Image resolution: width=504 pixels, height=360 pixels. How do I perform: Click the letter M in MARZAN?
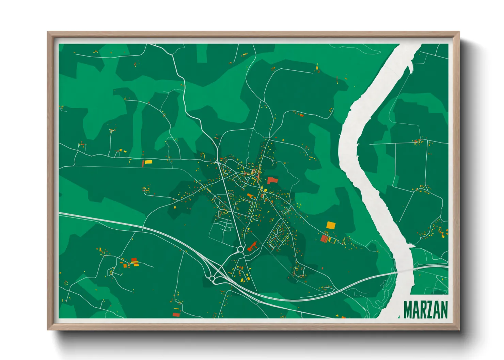point(408,310)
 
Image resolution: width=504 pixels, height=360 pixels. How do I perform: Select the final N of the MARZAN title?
point(444,310)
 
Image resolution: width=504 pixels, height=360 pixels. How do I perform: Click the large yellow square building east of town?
point(331,225)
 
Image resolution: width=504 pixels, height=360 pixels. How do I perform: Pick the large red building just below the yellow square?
point(324,239)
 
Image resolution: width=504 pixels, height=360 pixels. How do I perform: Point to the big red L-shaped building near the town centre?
point(272,180)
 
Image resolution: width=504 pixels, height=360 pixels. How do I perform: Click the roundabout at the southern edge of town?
point(241,249)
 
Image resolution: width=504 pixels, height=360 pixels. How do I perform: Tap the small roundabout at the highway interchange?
point(212,279)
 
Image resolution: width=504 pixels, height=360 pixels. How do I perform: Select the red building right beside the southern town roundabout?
point(252,246)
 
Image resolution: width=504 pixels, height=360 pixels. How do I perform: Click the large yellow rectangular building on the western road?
point(148,162)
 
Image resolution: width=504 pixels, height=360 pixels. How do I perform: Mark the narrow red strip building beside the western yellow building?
point(143,164)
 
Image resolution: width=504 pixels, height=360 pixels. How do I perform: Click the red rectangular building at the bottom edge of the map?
point(176,314)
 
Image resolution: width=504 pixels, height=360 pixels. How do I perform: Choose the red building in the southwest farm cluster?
point(134,260)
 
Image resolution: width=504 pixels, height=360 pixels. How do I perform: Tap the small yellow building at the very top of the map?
point(317,68)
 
